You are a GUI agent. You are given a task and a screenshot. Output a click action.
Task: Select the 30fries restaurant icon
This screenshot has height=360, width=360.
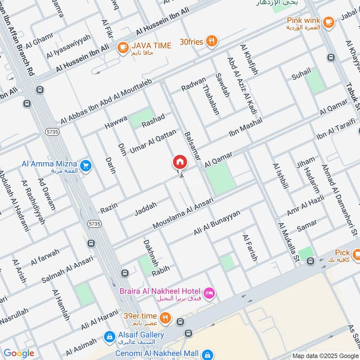211,42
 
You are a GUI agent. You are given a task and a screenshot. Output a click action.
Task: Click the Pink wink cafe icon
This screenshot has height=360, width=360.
329,21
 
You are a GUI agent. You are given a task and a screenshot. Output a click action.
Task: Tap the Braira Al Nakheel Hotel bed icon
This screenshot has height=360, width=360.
210,294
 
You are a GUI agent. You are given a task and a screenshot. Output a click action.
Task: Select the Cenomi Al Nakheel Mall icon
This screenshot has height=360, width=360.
207,354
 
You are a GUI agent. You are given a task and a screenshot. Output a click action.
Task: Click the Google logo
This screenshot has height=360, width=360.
19,353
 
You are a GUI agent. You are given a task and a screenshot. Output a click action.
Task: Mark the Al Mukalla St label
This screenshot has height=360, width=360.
288,243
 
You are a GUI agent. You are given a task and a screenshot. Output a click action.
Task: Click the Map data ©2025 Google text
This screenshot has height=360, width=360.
325,355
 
